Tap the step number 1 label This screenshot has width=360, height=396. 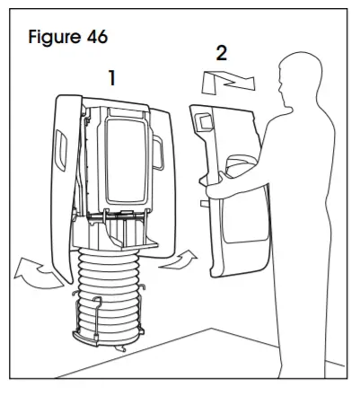[111, 78]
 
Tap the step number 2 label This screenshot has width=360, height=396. [221, 51]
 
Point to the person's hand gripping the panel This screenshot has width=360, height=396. [214, 189]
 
